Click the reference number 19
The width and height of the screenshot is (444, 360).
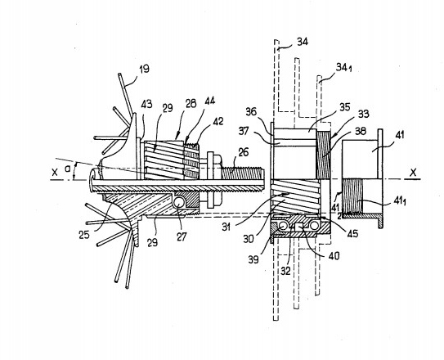click(145, 69)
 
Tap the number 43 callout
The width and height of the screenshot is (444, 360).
click(146, 104)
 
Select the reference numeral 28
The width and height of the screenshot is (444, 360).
click(191, 103)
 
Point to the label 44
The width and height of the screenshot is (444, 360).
click(209, 101)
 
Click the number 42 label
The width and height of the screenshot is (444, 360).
click(218, 121)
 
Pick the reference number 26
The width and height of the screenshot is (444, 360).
click(243, 152)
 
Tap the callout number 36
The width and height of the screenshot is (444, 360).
click(251, 111)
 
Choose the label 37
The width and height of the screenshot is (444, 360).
click(243, 131)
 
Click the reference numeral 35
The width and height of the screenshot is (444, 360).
click(345, 107)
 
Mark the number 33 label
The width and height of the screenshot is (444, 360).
click(364, 114)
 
